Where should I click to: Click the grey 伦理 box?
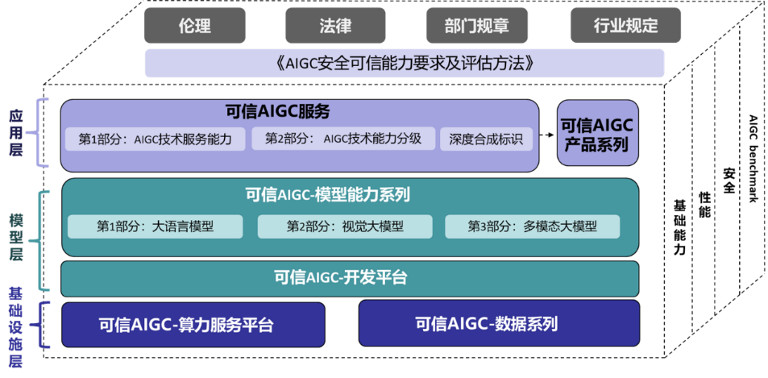(x=194, y=26)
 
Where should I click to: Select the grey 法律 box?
(x=335, y=26)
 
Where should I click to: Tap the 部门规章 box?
(x=477, y=26)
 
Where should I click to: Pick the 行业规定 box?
(x=625, y=26)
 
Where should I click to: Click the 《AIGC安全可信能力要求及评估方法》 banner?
(x=404, y=63)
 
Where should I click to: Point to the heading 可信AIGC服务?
(x=278, y=113)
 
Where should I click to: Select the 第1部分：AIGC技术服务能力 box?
(x=156, y=139)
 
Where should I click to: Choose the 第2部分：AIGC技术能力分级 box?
(x=343, y=139)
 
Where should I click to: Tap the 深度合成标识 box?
(x=485, y=139)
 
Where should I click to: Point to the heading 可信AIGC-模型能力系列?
(x=327, y=195)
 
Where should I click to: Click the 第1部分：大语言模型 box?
(x=156, y=226)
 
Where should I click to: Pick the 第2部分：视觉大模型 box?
(x=345, y=226)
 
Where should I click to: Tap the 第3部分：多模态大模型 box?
(x=533, y=226)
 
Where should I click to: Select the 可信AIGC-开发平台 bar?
(x=350, y=279)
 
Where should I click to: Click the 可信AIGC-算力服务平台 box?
(x=193, y=325)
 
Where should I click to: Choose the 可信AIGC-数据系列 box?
(x=499, y=323)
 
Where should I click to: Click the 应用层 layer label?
(x=15, y=133)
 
